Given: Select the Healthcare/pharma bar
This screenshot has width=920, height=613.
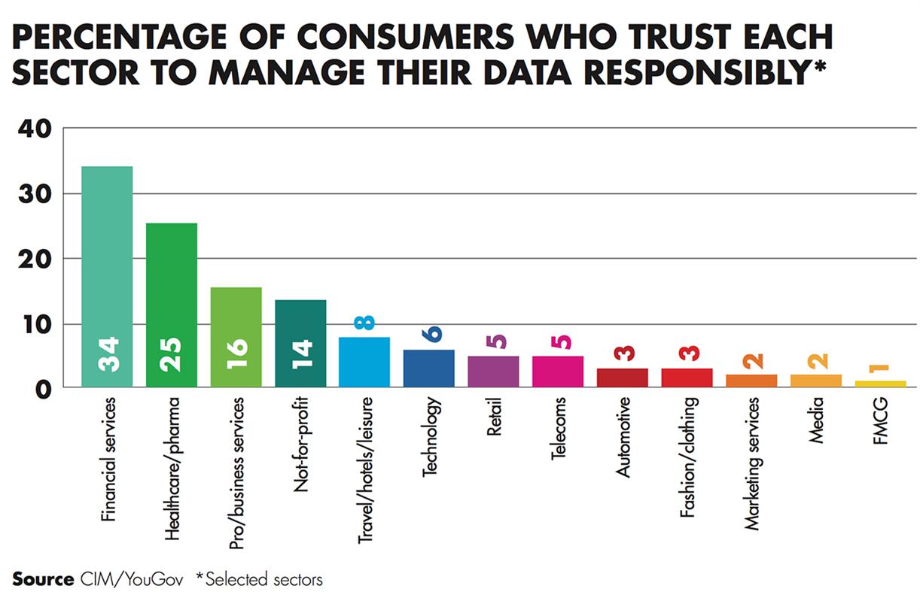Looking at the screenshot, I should coord(172,305).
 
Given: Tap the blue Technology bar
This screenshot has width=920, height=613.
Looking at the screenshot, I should coord(429,368).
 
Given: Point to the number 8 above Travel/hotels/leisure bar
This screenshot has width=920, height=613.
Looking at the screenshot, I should coord(365,322).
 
